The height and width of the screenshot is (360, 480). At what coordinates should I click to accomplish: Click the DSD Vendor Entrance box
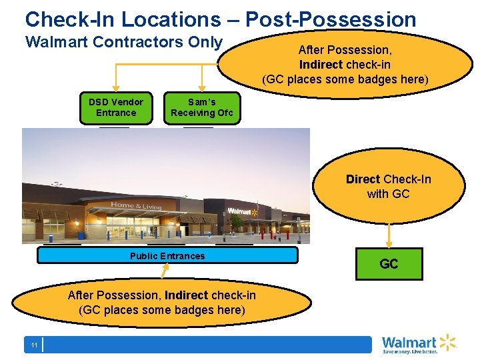(x=115, y=107)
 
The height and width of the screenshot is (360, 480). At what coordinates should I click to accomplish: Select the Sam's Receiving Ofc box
(x=201, y=107)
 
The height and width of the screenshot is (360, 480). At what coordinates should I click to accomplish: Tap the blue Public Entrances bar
(x=167, y=255)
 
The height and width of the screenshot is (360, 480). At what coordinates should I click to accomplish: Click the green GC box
(x=389, y=264)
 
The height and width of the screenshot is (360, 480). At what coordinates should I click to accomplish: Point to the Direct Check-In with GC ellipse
(x=389, y=187)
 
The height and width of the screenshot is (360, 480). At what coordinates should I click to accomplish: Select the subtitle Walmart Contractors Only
(x=123, y=42)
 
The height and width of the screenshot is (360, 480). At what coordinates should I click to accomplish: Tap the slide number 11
(x=33, y=345)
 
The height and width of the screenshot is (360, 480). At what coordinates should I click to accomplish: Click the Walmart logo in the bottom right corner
(x=418, y=344)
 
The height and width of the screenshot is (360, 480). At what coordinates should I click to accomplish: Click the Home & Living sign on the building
(x=136, y=206)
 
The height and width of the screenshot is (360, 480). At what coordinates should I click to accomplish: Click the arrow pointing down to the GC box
(x=389, y=235)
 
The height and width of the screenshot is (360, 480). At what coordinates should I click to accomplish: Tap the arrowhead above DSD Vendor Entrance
(x=116, y=86)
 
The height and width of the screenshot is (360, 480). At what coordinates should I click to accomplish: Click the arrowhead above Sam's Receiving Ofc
(x=202, y=86)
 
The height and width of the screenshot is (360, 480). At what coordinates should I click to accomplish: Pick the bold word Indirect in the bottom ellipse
(x=186, y=295)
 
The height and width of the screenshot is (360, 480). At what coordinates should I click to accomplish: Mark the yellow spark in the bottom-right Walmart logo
(x=447, y=342)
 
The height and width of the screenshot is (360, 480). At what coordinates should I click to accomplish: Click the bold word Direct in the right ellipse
(x=363, y=179)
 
